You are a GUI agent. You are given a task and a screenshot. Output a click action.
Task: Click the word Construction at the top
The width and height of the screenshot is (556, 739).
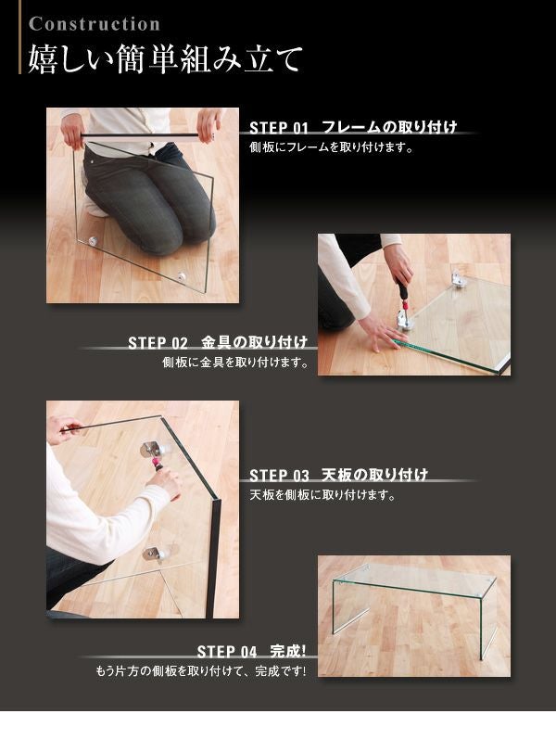(95, 24)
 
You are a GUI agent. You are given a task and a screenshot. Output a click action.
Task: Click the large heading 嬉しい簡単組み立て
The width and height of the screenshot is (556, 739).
(165, 59)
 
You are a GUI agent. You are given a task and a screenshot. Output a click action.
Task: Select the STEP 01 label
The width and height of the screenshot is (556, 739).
(279, 128)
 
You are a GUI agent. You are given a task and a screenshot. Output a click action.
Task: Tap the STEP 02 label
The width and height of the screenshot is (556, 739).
(158, 343)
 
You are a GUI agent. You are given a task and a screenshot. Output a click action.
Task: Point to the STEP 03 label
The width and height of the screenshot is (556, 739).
(279, 476)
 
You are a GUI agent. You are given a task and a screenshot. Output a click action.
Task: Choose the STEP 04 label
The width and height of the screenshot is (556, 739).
(227, 652)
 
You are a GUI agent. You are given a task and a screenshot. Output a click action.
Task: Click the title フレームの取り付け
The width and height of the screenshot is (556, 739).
(389, 127)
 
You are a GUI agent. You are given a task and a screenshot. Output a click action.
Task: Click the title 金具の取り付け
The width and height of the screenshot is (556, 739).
(255, 342)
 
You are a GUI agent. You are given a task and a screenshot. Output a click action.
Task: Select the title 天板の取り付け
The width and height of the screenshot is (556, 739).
(374, 475)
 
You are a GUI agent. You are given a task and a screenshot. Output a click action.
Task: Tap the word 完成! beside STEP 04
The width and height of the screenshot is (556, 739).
(288, 651)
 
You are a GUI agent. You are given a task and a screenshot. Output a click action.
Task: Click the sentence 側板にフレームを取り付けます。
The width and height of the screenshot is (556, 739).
(331, 147)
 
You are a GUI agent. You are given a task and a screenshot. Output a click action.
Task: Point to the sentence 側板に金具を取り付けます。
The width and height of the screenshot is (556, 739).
(235, 363)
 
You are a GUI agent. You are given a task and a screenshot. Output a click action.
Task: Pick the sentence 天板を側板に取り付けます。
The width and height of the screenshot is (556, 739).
(322, 495)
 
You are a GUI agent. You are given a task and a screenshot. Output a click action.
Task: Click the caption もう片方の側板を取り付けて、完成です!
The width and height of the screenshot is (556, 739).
(201, 670)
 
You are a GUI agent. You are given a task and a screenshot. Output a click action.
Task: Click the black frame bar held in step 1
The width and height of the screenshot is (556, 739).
(147, 135)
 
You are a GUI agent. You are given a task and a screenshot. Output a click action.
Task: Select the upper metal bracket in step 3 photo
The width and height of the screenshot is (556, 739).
(156, 450)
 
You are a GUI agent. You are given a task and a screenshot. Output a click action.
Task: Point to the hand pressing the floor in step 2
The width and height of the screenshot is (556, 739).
(377, 331)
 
